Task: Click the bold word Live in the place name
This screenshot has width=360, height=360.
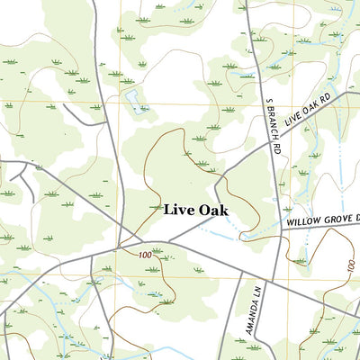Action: pos(177,210)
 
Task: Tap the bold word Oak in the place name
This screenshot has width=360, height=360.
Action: pos(211,210)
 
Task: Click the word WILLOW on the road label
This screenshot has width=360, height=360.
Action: pos(304,220)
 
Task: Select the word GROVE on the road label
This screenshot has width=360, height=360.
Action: pos(337,218)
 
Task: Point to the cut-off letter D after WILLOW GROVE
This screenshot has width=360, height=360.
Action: pos(356,216)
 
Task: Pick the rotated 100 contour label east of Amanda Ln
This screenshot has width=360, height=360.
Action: pos(350,268)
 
